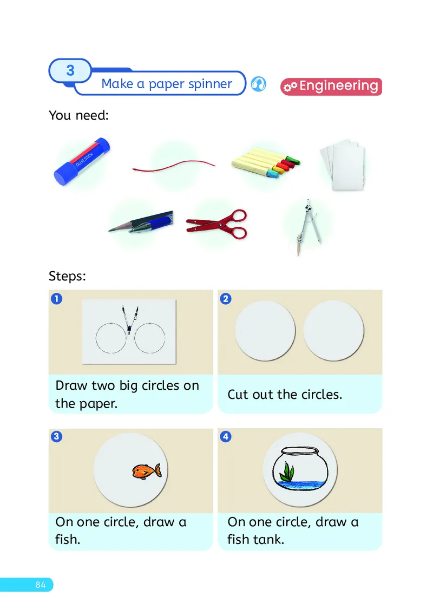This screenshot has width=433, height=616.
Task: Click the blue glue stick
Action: [x=82, y=161]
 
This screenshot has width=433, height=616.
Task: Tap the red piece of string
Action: [x=174, y=166]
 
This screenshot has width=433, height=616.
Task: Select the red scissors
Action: [x=217, y=224]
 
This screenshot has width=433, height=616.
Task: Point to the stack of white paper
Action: [x=343, y=164]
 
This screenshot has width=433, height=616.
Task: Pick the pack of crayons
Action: [x=266, y=162]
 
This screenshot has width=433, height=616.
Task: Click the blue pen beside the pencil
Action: [x=152, y=221]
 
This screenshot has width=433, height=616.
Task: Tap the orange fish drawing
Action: [x=147, y=471]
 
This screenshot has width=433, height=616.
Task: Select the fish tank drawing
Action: [x=300, y=468]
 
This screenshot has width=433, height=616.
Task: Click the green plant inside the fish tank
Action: [x=288, y=471]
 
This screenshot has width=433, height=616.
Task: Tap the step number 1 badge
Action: [x=57, y=299]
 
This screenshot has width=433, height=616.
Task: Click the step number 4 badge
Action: [x=226, y=436]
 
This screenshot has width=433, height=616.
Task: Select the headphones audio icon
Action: [x=259, y=84]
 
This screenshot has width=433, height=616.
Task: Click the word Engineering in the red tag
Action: [x=339, y=86]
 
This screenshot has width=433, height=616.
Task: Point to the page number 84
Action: [x=41, y=585]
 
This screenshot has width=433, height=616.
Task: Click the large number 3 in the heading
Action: [x=70, y=70]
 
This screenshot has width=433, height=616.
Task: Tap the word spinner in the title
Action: [x=210, y=84]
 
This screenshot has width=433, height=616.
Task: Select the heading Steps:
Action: [x=67, y=276]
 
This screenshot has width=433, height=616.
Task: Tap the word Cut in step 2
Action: [x=238, y=395]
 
